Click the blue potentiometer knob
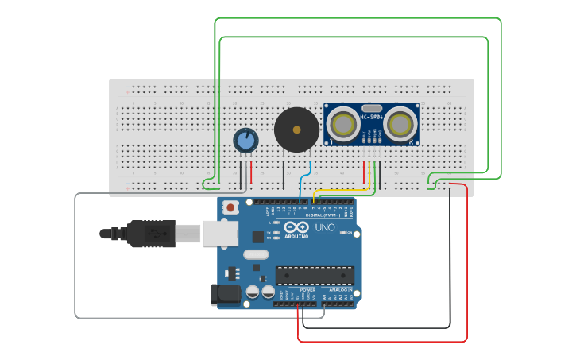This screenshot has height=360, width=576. (245, 141)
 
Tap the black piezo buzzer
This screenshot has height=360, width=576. (297, 129)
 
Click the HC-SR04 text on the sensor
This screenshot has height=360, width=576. (371, 118)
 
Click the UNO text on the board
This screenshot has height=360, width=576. (325, 227)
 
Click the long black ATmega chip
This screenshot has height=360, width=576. (315, 275)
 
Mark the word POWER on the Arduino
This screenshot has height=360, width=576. (307, 290)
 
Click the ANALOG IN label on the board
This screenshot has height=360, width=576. (340, 290)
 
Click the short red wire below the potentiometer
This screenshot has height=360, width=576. (251, 172)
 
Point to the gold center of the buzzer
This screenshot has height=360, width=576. (297, 129)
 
